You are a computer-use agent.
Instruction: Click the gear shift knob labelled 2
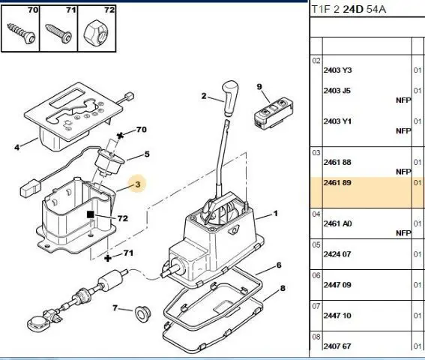(230, 97)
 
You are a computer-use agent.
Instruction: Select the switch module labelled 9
(274, 113)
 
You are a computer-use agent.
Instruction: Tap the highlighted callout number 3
(138, 184)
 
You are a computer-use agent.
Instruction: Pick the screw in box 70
(22, 33)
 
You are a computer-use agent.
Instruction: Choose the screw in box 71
(59, 33)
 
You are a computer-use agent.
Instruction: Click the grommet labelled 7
(142, 314)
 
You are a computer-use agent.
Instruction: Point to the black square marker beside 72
(91, 214)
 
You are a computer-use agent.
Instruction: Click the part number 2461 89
(337, 182)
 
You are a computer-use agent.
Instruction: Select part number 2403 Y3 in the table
(337, 70)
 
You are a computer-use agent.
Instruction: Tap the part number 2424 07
(337, 254)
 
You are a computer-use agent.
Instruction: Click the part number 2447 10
(337, 316)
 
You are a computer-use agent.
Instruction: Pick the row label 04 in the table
(316, 214)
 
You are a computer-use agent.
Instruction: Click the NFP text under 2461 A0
(403, 233)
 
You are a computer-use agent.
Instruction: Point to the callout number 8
(283, 288)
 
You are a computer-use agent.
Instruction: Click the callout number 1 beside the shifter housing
(276, 214)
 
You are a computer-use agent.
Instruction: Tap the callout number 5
(147, 154)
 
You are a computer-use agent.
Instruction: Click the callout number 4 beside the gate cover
(17, 147)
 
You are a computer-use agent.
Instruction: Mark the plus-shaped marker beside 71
(108, 258)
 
